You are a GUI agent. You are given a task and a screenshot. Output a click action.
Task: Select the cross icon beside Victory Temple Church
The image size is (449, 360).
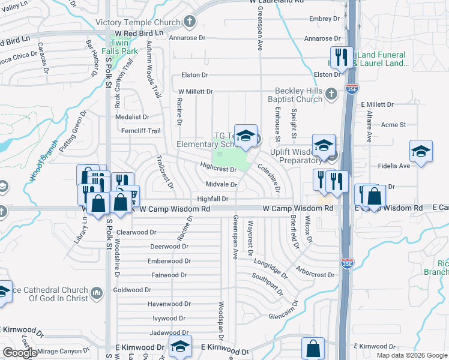pos(190,23)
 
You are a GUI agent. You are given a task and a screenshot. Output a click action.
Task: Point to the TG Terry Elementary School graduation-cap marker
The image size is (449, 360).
pos(246,136)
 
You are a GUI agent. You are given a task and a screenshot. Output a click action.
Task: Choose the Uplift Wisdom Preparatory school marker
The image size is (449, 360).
pos(324,146)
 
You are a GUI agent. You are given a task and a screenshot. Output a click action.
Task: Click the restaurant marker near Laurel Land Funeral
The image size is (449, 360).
pos(342,58)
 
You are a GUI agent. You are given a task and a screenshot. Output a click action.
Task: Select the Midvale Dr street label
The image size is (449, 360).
pos(221,184)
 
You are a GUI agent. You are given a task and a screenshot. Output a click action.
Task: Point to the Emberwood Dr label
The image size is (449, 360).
pos(170,261)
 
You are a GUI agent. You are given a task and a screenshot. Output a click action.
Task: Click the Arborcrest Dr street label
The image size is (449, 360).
pos(315,274)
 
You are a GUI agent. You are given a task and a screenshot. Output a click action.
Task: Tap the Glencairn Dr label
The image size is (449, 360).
pos(283,316)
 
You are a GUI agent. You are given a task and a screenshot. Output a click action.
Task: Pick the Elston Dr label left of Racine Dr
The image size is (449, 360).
pos(193,75)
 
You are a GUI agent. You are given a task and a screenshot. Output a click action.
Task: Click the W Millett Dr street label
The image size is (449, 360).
pos(195,91)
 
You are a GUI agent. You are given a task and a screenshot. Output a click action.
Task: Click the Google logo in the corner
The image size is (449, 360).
pos(20,353)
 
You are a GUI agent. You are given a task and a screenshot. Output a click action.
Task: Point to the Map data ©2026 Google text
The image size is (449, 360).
pos(412,355)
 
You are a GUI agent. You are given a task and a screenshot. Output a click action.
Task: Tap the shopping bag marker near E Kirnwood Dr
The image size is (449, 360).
pos(313,349)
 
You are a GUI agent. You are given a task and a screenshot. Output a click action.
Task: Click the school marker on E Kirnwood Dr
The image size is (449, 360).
pos(179,347)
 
